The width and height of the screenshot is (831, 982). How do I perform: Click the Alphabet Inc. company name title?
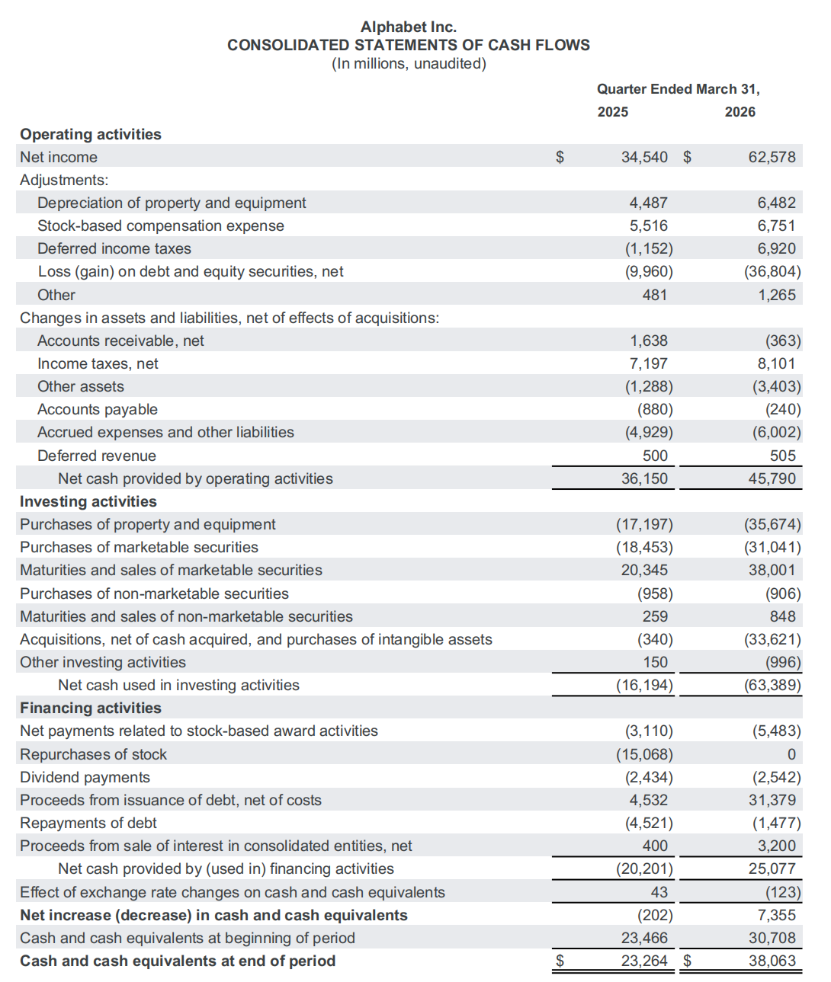(409, 27)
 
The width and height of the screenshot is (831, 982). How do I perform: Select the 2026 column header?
(740, 112)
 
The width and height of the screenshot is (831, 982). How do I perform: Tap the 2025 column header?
(612, 112)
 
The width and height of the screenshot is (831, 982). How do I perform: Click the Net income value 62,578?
(772, 157)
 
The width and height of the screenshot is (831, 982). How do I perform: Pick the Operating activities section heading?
(91, 134)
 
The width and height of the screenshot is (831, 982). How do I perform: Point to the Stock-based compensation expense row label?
(160, 226)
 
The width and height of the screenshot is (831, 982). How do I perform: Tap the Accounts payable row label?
(98, 409)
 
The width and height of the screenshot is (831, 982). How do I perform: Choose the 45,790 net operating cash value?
(772, 478)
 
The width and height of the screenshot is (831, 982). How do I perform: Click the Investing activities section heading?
(88, 501)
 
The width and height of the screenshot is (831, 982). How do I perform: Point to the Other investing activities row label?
(103, 662)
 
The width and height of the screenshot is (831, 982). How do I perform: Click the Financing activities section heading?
(91, 708)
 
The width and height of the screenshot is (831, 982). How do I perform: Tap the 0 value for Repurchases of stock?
(791, 754)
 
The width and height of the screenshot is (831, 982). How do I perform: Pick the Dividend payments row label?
(85, 777)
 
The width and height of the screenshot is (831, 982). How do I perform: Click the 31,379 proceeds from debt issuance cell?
(772, 800)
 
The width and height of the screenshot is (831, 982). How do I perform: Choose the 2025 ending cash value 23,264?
(644, 961)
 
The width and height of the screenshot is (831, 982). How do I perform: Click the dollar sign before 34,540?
(560, 157)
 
